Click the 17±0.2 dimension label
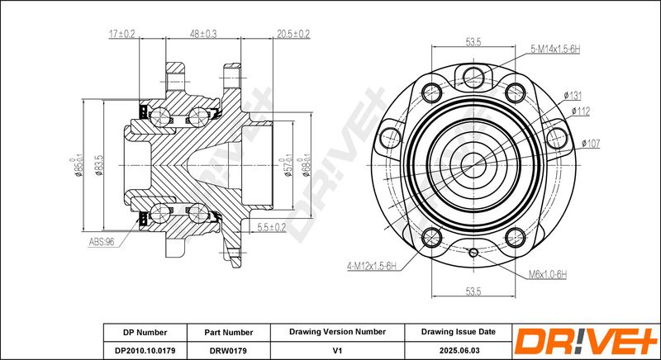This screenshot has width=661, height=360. pyautogui.click(x=121, y=34)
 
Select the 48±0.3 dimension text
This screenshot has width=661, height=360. pyautogui.click(x=203, y=34)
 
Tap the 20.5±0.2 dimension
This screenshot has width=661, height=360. pyautogui.click(x=293, y=34)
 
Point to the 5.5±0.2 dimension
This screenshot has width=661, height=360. pyautogui.click(x=272, y=227)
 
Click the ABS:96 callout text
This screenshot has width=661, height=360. pyautogui.click(x=102, y=242)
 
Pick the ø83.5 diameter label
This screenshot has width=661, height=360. pyautogui.click(x=99, y=165)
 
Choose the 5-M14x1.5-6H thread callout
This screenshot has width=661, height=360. pyautogui.click(x=555, y=50)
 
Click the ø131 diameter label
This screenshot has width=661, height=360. pyautogui.click(x=573, y=96)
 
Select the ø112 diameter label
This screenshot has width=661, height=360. pyautogui.click(x=581, y=111)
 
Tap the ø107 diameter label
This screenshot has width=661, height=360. pyautogui.click(x=591, y=143)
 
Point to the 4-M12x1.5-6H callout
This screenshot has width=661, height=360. pyautogui.click(x=372, y=266)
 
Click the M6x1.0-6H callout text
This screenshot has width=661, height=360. pyautogui.click(x=548, y=274)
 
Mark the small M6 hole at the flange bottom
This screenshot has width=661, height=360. pyautogui.click(x=473, y=252)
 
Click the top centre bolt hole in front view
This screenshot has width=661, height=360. pyautogui.click(x=473, y=78)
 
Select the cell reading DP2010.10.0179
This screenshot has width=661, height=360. pyautogui.click(x=145, y=350)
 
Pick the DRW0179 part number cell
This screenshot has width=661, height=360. pyautogui.click(x=229, y=350)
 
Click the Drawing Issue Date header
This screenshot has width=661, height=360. pyautogui.click(x=459, y=332)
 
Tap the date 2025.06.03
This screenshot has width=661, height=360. pyautogui.click(x=459, y=350)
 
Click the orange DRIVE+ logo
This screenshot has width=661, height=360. pyautogui.click(x=586, y=341)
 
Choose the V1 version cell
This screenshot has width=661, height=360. pyautogui.click(x=337, y=350)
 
